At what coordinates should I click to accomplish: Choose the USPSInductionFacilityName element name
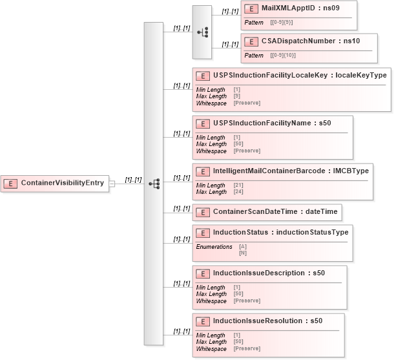(x=262, y=123)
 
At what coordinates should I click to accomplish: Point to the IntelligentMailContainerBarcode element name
(x=272, y=171)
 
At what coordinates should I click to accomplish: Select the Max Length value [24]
(x=238, y=192)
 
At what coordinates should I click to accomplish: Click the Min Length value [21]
(x=238, y=185)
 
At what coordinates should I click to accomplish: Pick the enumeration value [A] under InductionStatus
(x=243, y=246)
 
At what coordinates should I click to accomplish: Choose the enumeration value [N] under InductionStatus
(x=243, y=253)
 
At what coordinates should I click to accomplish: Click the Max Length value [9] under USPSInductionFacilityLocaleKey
(x=236, y=96)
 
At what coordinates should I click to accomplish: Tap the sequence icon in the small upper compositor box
(x=202, y=31)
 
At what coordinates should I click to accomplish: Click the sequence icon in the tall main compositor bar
(x=154, y=184)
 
